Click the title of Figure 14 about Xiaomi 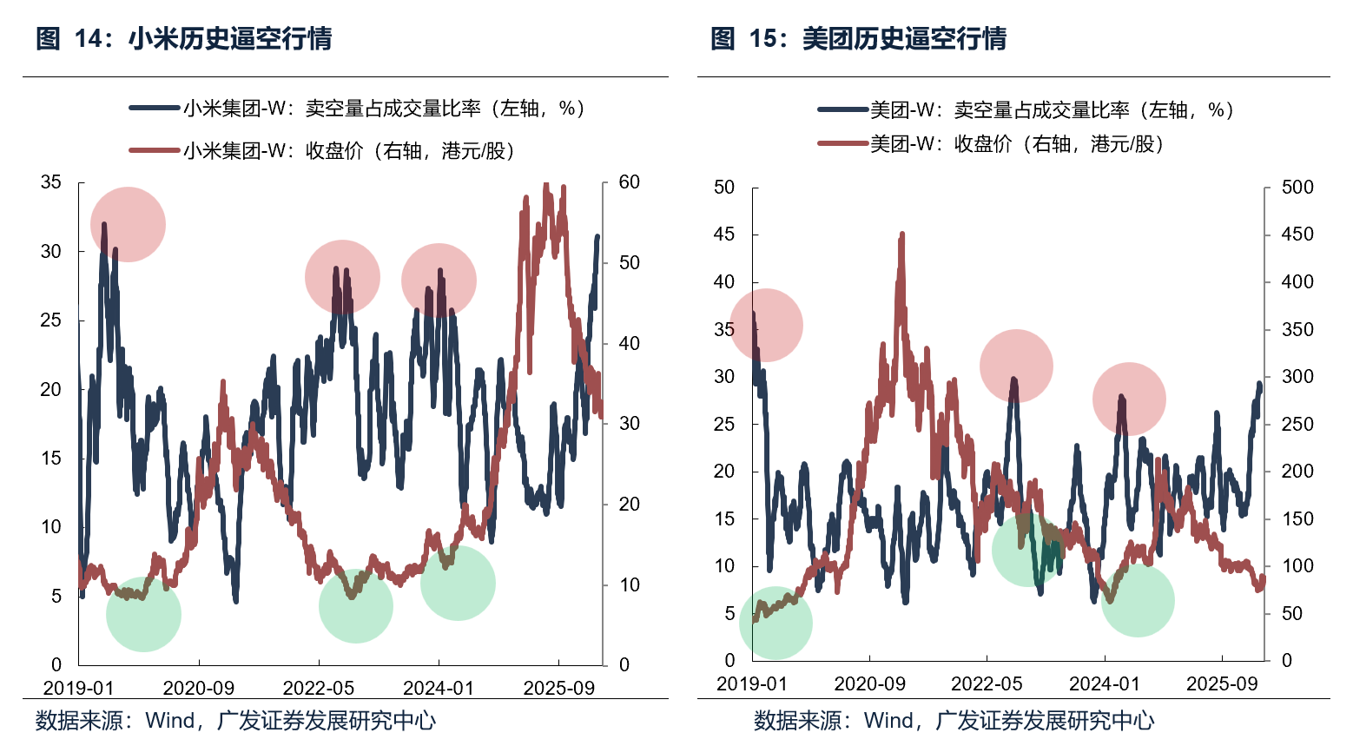184,39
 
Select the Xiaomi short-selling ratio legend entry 357,109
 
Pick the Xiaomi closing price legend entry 322,151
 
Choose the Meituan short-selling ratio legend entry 1026,110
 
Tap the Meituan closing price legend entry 991,144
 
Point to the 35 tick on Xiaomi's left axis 51,182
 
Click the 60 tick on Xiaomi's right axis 629,182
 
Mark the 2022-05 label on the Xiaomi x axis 319,689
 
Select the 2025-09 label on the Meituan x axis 1222,684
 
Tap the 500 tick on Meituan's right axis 1297,188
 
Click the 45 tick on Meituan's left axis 723,234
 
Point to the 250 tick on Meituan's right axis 1297,425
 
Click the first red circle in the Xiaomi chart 128,224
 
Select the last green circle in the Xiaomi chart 458,583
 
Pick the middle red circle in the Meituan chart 1016,366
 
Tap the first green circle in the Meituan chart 775,623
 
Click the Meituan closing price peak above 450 901,234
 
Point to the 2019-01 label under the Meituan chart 751,684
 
